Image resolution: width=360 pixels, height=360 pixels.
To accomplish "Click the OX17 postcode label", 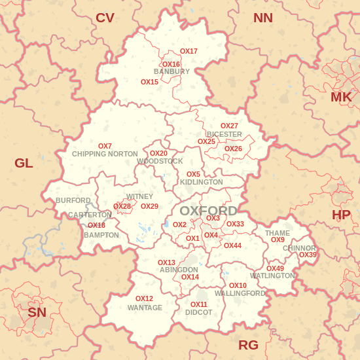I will click(189, 51).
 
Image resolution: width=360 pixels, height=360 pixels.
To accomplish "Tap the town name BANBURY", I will click(171, 71).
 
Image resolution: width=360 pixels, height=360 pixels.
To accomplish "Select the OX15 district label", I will click(149, 82).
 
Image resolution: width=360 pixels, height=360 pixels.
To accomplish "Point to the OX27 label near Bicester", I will click(229, 126).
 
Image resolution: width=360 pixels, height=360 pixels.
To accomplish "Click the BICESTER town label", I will click(225, 134).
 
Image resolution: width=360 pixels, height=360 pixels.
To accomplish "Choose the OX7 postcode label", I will click(105, 146).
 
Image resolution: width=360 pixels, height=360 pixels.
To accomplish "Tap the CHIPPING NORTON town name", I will click(105, 154).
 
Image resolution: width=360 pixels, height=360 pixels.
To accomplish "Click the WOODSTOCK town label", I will click(160, 161).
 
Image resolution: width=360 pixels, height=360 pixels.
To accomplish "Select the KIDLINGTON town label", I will click(201, 182).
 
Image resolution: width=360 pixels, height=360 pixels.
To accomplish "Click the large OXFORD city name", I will click(208, 211).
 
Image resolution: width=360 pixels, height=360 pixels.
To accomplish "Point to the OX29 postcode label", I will click(149, 206).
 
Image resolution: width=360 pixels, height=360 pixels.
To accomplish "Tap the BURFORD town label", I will click(73, 200).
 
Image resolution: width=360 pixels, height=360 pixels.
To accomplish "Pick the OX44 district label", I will click(232, 245).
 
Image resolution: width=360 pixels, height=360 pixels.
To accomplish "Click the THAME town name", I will click(277, 233).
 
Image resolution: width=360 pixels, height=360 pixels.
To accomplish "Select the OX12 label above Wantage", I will click(144, 298).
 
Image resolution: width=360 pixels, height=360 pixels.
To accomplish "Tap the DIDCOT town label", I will click(198, 312).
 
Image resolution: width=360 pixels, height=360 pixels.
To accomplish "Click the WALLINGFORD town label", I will click(240, 293).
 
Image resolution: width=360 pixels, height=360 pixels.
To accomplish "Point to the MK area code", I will click(341, 98).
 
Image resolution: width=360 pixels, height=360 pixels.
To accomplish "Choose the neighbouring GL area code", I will click(24, 163).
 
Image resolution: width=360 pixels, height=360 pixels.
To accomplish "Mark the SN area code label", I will click(37, 312).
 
